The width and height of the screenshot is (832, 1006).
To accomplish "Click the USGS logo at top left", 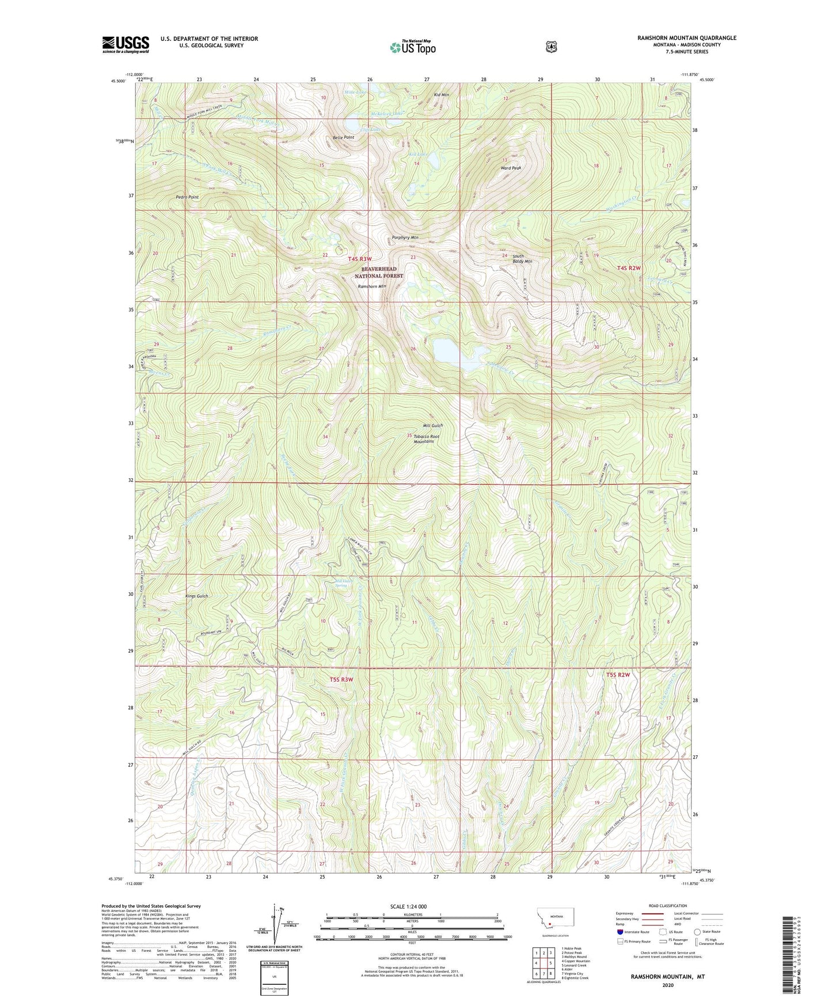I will (126, 44).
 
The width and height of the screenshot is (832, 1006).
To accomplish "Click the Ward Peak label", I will (510, 168).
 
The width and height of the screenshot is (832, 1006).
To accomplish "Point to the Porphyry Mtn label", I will (405, 237).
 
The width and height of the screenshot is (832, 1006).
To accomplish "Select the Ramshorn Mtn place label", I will (372, 286).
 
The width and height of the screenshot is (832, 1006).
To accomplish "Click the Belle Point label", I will (343, 138).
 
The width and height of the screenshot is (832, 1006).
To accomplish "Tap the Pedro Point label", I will (187, 197).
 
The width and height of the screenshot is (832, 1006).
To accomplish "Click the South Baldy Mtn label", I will (505, 259).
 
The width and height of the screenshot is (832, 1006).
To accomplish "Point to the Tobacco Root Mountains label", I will (426, 439).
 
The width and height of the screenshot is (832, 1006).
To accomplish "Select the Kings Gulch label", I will (196, 596).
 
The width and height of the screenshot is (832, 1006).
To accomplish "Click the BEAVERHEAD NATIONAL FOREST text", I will (382, 273).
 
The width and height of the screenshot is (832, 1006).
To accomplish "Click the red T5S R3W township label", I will (341, 679).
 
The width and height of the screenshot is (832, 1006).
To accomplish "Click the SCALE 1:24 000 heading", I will (408, 906).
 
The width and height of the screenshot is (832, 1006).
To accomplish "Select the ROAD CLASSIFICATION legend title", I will (668, 906).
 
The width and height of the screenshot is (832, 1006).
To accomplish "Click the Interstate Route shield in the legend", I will (620, 932).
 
